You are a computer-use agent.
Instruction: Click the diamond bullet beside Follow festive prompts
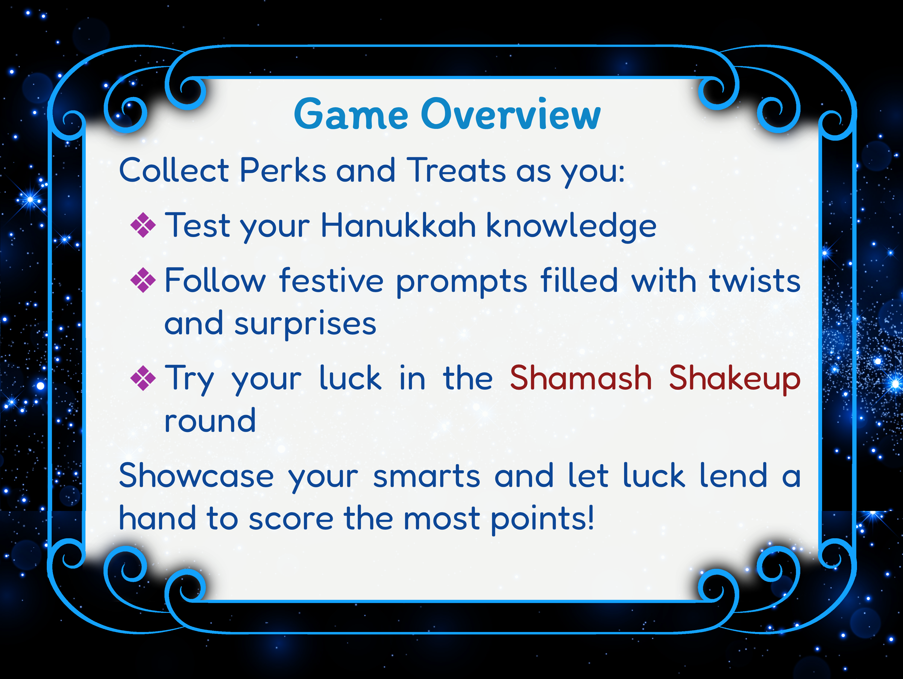point(143,280)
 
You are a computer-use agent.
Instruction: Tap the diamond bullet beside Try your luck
point(143,378)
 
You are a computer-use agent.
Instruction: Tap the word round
point(210,421)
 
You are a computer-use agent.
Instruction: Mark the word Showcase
point(196,476)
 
